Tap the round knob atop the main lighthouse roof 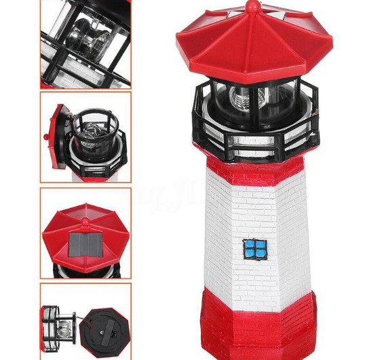click(x=252, y=7)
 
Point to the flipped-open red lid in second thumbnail click(x=58, y=132)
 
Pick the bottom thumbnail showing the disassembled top click(x=86, y=323)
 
